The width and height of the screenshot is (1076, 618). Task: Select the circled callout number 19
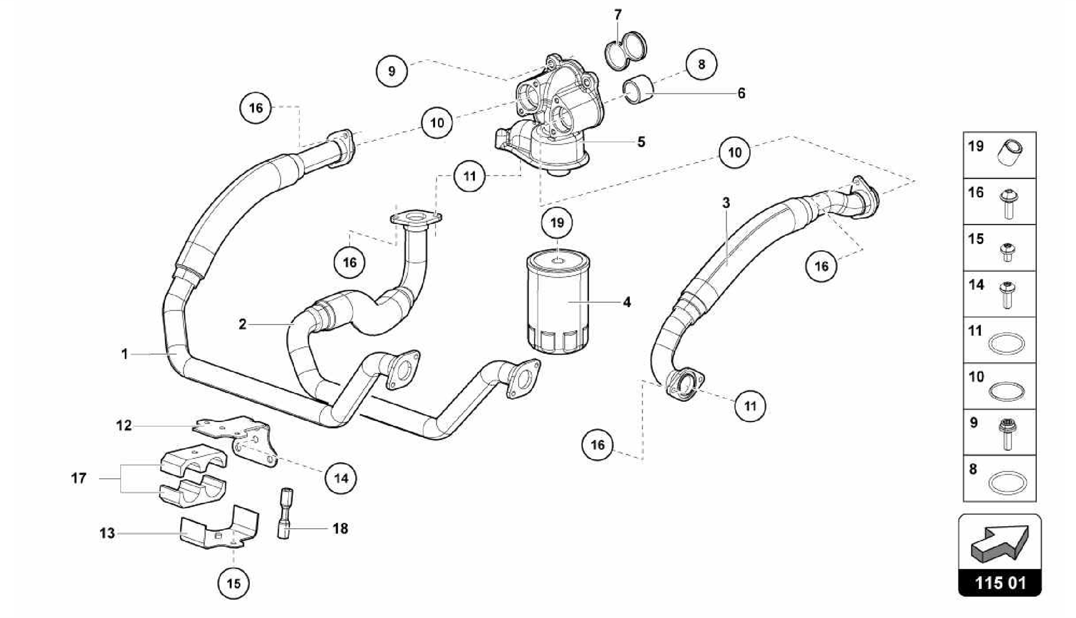557,223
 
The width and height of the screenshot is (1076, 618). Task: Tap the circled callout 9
391,70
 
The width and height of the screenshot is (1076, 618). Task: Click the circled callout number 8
701,65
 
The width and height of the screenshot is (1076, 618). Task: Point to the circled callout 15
233,583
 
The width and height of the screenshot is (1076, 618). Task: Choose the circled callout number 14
340,478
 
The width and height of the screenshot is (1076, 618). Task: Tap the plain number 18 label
340,528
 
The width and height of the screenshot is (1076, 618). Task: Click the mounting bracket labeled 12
236,433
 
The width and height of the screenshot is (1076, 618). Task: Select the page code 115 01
1000,583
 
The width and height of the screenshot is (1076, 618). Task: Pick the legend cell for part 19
999,155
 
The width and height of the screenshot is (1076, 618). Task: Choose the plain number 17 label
79,478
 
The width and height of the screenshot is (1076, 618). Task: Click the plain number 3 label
726,203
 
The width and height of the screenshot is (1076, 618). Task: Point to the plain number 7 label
618,15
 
